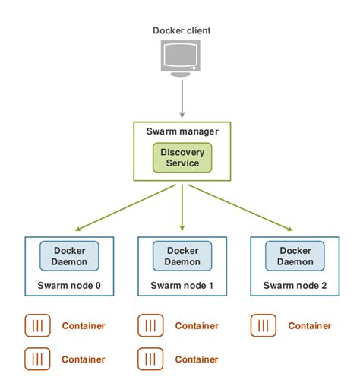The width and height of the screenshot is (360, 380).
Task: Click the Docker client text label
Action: point(182,30)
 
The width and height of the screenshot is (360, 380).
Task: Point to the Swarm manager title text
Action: point(182,131)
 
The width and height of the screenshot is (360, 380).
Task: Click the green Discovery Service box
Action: point(182,157)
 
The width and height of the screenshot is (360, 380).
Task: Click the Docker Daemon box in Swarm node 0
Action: point(70,256)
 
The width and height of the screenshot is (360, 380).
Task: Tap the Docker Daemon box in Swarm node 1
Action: point(182,256)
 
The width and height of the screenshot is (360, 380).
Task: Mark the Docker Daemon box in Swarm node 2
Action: point(295,256)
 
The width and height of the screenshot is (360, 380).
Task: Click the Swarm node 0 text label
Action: point(70,286)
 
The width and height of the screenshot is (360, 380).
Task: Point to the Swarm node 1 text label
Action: point(182,286)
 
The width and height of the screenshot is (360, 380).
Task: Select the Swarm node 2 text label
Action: point(295,286)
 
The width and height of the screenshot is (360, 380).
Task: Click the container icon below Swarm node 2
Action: point(263,326)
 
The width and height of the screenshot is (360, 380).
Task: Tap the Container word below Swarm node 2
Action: point(309,326)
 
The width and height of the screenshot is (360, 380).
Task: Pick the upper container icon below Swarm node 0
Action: point(37,326)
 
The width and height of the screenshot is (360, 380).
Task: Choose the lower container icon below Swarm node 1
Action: point(150,359)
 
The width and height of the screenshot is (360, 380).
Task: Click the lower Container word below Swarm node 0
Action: point(83,359)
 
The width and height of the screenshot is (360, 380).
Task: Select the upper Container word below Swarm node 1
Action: point(196,326)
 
